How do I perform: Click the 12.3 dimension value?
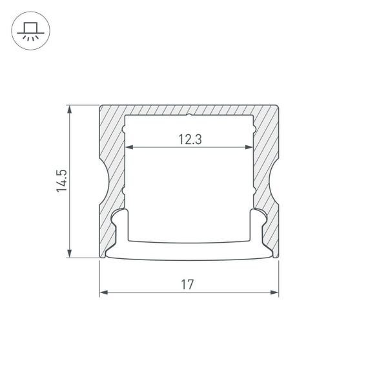click(188, 139)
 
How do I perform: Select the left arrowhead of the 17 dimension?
click(103, 292)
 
